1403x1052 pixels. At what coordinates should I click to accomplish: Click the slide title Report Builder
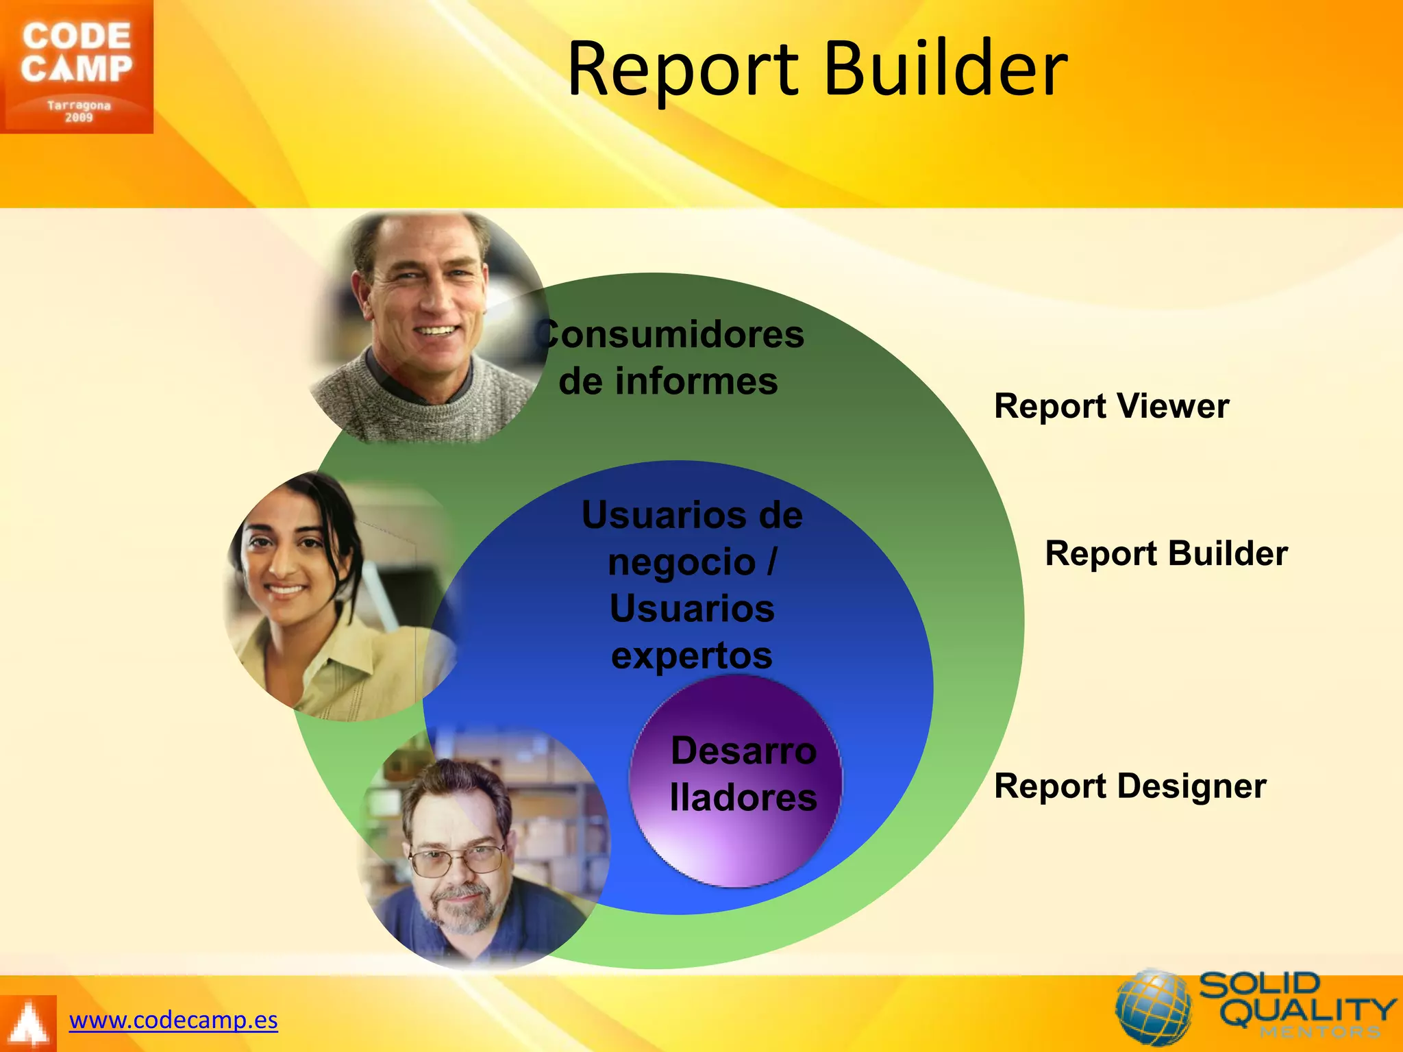click(x=817, y=68)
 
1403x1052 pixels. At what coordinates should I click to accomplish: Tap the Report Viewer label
click(x=1111, y=406)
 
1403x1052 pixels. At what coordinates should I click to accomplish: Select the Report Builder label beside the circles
click(x=1166, y=553)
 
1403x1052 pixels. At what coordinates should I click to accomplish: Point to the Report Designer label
click(x=1130, y=786)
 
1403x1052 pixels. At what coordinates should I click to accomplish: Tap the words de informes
click(x=668, y=381)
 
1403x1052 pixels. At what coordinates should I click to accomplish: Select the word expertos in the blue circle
click(x=692, y=655)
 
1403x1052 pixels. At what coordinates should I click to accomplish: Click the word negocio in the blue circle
click(x=682, y=562)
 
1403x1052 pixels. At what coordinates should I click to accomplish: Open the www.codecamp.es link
click(x=173, y=1020)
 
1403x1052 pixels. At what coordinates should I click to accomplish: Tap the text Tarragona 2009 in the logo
click(x=78, y=111)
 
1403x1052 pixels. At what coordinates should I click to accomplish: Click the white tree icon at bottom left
click(x=28, y=1024)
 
